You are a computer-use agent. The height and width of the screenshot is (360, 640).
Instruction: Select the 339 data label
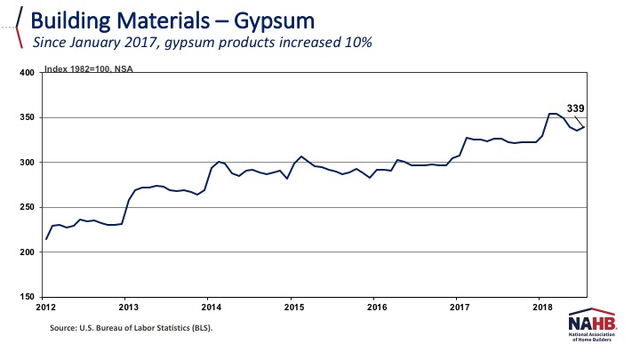click(575, 108)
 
